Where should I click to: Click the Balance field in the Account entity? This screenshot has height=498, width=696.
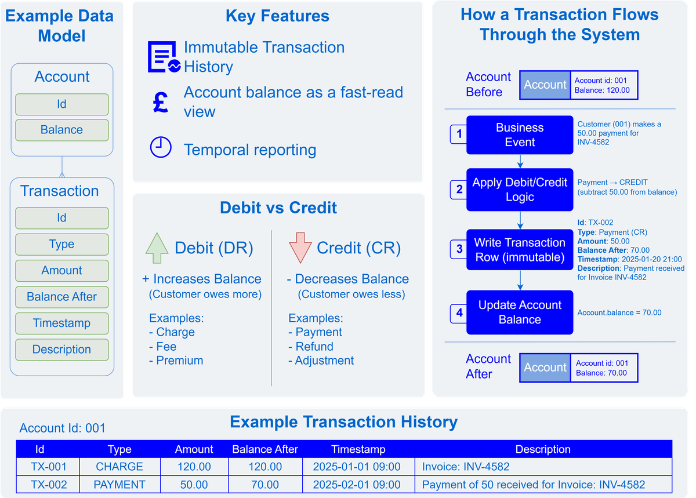click(61, 130)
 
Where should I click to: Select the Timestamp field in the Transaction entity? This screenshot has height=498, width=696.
click(61, 323)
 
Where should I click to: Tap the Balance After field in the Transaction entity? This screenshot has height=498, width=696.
click(61, 297)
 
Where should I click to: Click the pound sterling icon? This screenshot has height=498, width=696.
click(161, 101)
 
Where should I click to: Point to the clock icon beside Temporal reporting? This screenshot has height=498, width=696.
click(161, 148)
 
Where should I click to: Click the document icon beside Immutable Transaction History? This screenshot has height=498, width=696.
click(164, 57)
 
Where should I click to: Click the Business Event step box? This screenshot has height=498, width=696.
click(520, 135)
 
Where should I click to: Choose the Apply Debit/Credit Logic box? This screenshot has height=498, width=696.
click(520, 190)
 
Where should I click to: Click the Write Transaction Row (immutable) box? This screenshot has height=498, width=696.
click(520, 250)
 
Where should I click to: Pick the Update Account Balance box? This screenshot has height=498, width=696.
click(520, 312)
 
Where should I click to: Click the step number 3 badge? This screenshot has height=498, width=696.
click(459, 249)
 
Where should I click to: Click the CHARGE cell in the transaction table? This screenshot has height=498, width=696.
click(119, 467)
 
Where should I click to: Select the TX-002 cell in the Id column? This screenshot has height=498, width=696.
click(49, 485)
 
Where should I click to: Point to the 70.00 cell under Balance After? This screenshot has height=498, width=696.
click(264, 485)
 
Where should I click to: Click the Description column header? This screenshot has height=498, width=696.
click(543, 449)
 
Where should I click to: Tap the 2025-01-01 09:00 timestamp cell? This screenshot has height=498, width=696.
click(357, 467)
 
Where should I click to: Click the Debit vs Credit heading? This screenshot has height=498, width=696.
click(278, 208)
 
